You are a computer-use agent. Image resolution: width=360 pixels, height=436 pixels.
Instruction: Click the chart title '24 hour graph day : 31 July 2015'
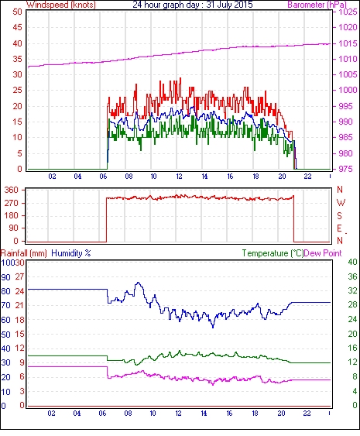click(193, 5)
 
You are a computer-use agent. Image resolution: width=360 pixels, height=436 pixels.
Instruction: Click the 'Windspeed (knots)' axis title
click(61, 5)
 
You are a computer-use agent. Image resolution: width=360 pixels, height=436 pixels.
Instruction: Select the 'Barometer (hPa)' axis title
click(317, 5)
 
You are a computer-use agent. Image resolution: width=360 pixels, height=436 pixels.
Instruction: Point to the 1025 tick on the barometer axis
click(348, 12)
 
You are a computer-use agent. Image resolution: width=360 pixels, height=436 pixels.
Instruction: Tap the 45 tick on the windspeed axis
click(17, 27)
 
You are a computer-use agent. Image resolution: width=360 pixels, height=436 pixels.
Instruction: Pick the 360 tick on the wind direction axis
click(12, 191)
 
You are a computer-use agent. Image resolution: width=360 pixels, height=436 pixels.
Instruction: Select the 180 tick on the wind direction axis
click(12, 215)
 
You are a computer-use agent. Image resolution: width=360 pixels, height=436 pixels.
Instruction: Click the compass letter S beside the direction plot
click(339, 215)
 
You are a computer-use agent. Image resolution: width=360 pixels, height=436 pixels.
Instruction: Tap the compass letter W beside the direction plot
click(341, 203)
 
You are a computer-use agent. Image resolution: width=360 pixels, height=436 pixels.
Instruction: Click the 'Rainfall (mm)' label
click(23, 253)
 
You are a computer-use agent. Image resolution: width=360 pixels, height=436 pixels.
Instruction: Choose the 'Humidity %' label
click(71, 253)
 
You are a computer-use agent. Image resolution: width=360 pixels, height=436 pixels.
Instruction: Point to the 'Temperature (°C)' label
click(273, 253)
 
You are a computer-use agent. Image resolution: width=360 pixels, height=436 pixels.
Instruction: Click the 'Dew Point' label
click(323, 253)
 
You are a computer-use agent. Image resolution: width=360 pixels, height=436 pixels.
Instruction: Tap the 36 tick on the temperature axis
click(352, 276)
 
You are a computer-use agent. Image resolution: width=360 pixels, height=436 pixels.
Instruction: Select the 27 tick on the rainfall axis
click(19, 277)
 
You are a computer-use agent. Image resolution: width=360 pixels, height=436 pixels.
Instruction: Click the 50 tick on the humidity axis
click(6, 335)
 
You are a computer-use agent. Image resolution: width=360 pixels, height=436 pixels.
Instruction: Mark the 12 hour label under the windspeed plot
click(179, 177)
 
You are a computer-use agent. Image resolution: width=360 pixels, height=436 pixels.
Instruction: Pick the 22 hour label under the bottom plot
click(307, 414)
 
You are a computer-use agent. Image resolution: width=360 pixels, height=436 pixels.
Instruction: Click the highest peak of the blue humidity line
click(139, 283)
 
